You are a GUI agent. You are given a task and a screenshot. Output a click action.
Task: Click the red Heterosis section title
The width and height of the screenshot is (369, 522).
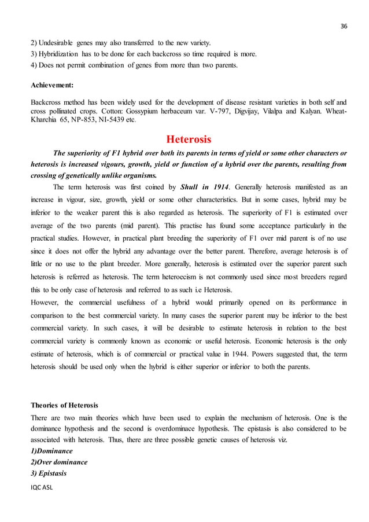[189, 139]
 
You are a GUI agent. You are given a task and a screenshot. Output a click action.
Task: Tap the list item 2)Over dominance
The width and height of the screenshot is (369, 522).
[59, 462]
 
